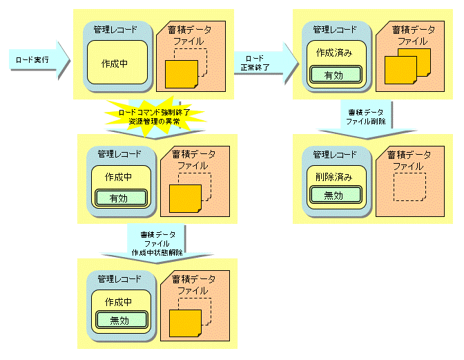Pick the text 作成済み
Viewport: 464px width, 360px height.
335,53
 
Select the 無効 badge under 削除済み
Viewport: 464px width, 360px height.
335,196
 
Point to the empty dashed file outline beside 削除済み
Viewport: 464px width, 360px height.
409,187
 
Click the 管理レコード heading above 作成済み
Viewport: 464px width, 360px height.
335,30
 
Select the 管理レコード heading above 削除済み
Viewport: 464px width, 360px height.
335,154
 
